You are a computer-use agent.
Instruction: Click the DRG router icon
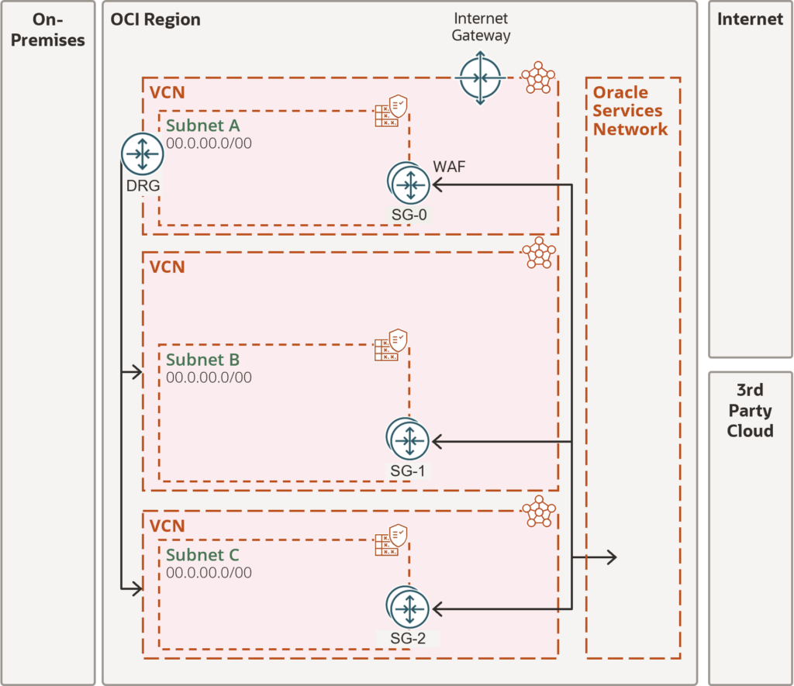coord(143,154)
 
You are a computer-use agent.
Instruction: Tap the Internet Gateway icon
coord(480,78)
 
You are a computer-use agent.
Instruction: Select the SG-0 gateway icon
coord(409,184)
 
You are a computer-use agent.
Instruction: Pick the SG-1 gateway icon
coord(408,440)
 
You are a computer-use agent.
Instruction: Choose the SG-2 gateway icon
coord(408,608)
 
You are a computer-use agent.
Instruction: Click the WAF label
coord(449,167)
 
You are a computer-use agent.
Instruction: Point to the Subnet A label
coord(203,125)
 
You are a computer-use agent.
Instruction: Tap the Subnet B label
coord(202,360)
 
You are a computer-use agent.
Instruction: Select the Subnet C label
coord(202,555)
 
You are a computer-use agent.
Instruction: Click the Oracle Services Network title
coord(630,111)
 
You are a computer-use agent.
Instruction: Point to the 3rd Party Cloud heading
coord(750,411)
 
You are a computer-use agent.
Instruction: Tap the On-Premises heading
coord(48,29)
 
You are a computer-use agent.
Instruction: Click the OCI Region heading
coord(155,19)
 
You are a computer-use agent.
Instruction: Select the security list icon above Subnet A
coord(391,110)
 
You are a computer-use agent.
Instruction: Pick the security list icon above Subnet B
coord(391,345)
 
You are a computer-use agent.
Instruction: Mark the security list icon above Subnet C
coord(391,539)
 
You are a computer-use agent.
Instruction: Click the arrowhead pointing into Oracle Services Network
coord(613,557)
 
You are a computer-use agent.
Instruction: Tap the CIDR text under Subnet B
coord(209,377)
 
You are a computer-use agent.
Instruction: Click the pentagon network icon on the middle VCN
coord(539,253)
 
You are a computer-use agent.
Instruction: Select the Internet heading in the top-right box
coord(750,19)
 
